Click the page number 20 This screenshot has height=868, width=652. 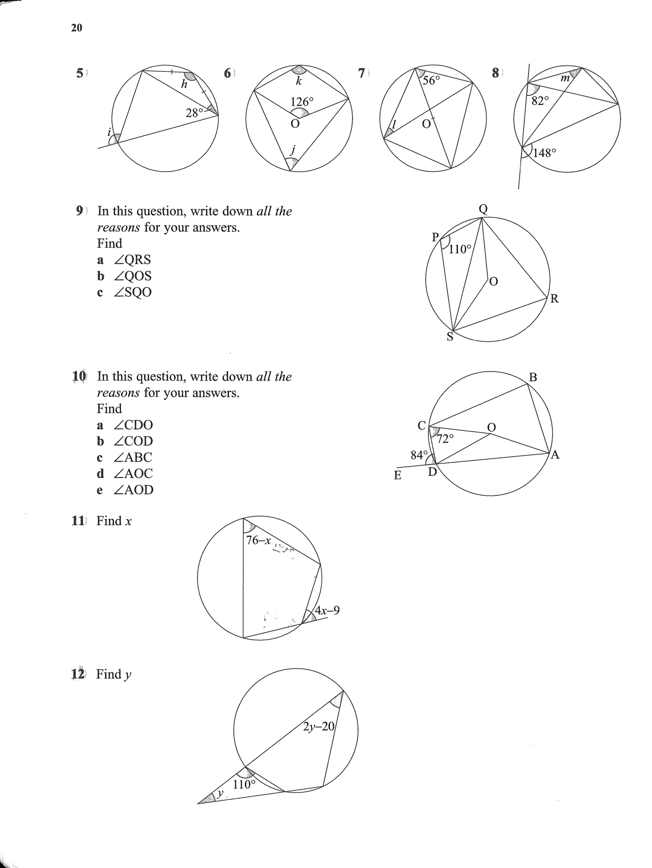[x=77, y=28]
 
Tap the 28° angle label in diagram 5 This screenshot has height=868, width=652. [x=194, y=112]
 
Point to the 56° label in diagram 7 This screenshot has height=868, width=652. [x=432, y=80]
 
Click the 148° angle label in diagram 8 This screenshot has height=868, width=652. [x=545, y=153]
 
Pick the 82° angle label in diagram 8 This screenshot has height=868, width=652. [x=540, y=101]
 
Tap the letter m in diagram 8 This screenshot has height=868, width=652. [x=565, y=78]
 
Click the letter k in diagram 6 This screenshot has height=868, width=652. [x=299, y=81]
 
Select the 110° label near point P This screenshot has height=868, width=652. [x=460, y=249]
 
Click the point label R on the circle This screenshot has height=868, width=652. [x=554, y=299]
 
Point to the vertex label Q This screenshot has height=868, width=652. [x=483, y=209]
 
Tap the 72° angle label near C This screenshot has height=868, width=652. [x=445, y=439]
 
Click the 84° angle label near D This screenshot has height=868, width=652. [x=419, y=455]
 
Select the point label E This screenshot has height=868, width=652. [x=398, y=475]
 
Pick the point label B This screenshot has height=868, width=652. [x=533, y=377]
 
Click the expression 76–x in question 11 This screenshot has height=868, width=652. [x=259, y=540]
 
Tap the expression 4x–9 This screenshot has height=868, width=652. [x=327, y=610]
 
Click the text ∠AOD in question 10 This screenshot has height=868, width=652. [x=133, y=490]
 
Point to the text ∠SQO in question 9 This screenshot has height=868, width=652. [x=133, y=292]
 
